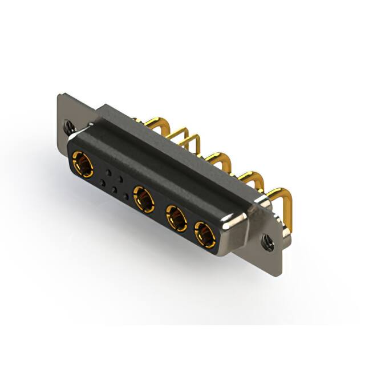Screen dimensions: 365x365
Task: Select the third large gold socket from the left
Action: coord(176,218)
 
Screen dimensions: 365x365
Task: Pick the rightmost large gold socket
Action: coord(205,233)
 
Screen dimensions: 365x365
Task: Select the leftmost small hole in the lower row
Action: coord(103,183)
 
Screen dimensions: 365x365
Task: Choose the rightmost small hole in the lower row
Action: coord(126,197)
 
